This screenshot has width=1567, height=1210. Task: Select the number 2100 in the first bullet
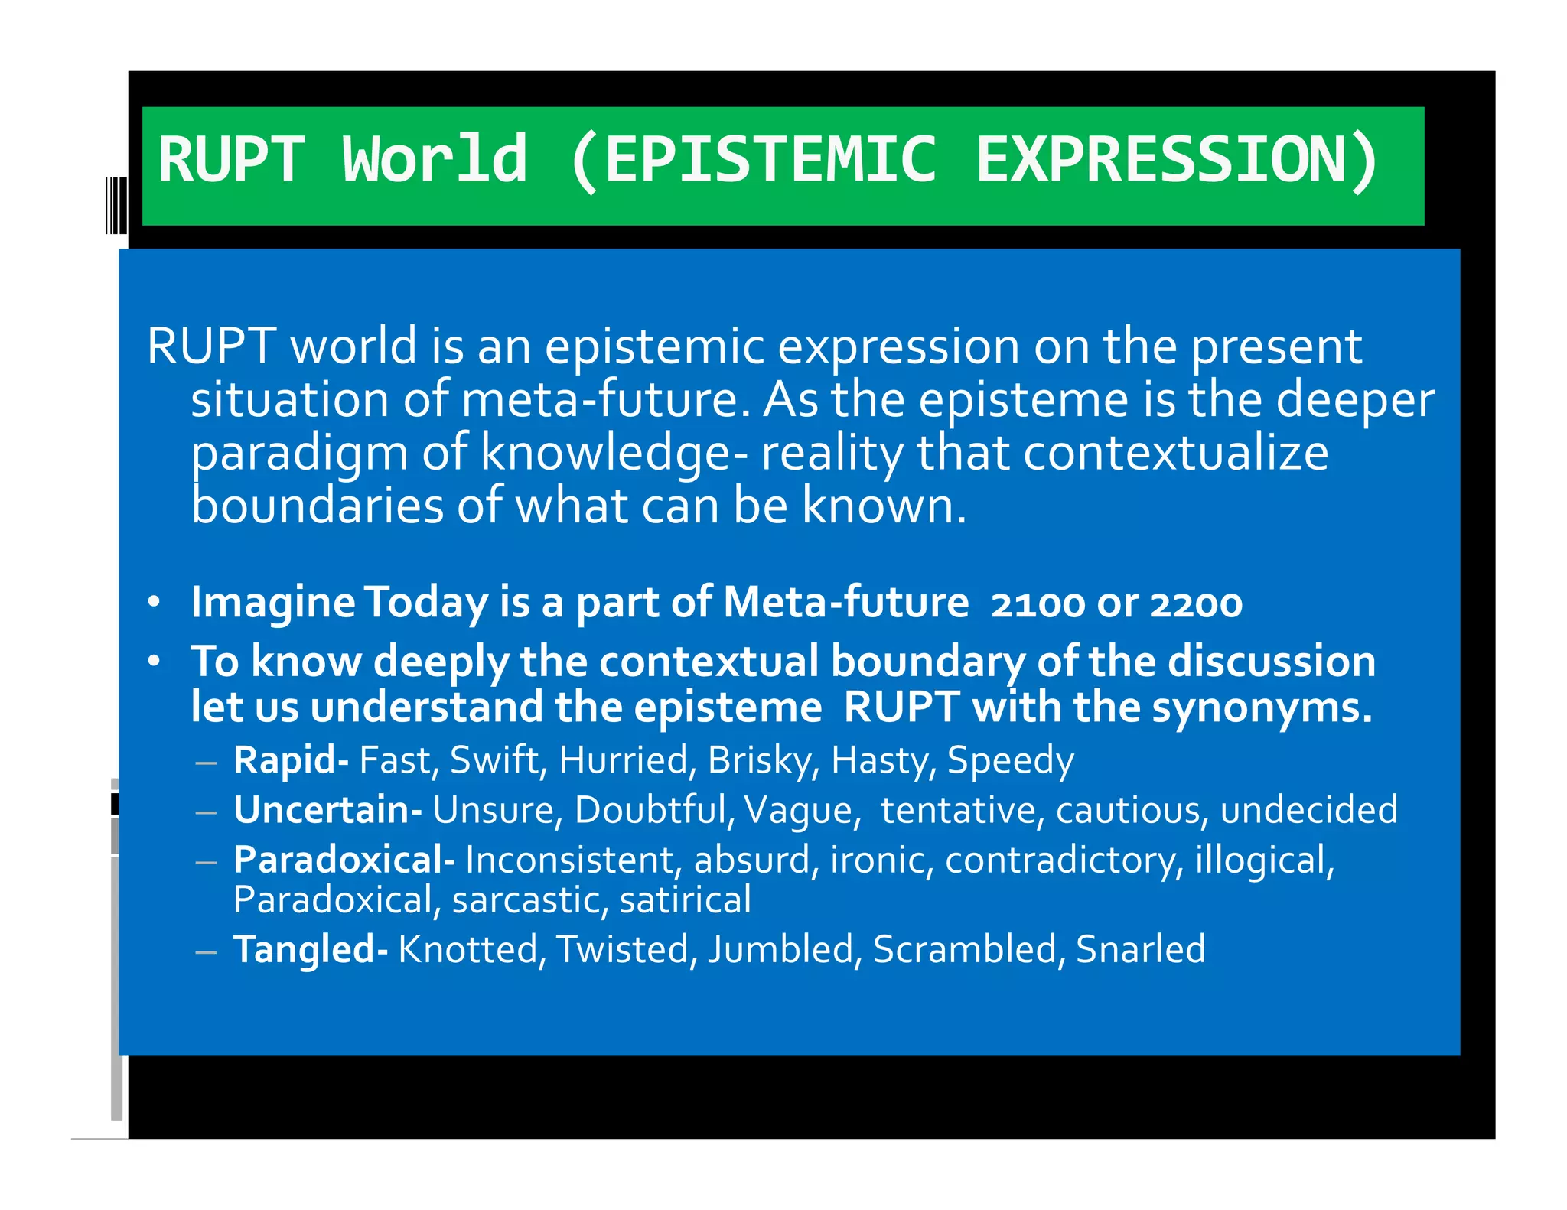(1037, 604)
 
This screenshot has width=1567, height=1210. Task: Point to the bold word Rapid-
(291, 760)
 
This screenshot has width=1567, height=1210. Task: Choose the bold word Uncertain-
(327, 810)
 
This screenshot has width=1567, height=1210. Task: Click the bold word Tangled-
(310, 950)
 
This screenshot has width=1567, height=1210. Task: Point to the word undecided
(1308, 810)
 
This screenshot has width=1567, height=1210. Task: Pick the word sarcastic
(528, 900)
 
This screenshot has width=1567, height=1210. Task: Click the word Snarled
(1140, 950)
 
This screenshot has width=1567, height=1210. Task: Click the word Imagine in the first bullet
(272, 603)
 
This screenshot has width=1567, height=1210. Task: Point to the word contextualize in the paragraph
(1175, 453)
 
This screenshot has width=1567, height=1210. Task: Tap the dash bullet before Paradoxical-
(206, 862)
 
